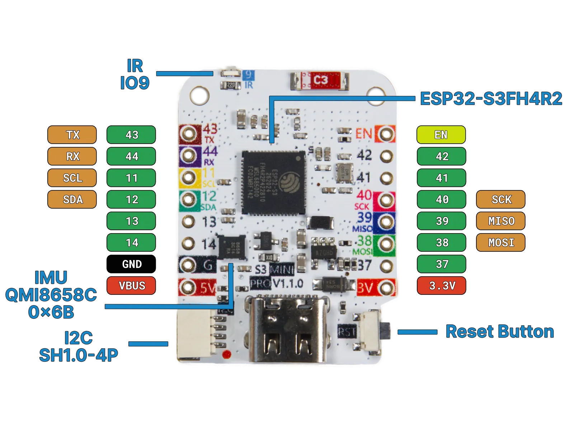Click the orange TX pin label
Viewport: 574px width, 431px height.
pos(72,135)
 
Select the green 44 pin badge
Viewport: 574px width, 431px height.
pos(131,156)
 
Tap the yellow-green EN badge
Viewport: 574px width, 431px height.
pos(441,135)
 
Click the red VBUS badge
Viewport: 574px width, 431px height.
pos(131,286)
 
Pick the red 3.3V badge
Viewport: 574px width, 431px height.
pos(442,286)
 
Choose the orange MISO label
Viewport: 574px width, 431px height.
pos(501,221)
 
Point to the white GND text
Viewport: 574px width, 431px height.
pos(132,264)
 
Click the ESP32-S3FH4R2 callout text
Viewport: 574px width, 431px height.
pos(491,99)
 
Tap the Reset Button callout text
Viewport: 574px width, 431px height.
pos(499,332)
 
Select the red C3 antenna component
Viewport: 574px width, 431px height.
pos(319,80)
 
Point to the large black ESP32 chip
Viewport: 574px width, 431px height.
pos(274,182)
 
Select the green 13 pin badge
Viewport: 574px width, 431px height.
pos(131,221)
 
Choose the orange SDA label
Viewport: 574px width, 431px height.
pos(72,199)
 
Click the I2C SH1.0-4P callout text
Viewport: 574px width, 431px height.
pos(78,346)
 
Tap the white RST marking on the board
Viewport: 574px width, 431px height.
pos(347,331)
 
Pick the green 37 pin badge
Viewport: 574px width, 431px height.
pos(442,264)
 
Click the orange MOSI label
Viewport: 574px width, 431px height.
pos(501,242)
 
